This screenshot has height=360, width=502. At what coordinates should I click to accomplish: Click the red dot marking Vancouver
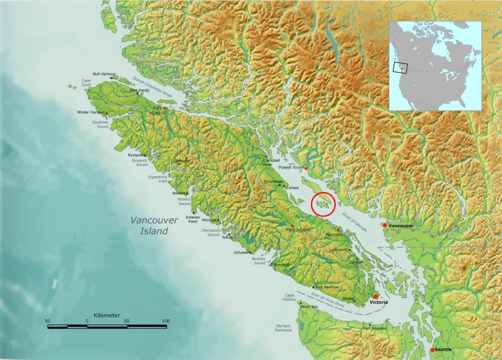385,225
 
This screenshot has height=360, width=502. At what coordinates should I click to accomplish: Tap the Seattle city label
443,350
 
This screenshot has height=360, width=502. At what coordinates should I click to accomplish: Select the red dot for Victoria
376,297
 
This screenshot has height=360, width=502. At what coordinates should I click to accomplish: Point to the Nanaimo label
335,235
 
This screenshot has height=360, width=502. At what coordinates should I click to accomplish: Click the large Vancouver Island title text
154,226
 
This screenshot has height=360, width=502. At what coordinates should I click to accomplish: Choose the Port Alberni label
299,230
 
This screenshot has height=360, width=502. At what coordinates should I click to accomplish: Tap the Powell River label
291,168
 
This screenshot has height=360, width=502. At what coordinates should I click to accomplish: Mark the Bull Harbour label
104,74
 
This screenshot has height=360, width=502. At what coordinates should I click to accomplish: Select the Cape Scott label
86,83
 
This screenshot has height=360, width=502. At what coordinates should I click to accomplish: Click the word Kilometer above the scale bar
106,315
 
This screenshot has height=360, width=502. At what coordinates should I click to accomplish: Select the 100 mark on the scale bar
166,321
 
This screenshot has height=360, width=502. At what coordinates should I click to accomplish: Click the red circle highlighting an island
324,204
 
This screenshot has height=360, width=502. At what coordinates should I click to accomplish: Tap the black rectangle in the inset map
400,67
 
